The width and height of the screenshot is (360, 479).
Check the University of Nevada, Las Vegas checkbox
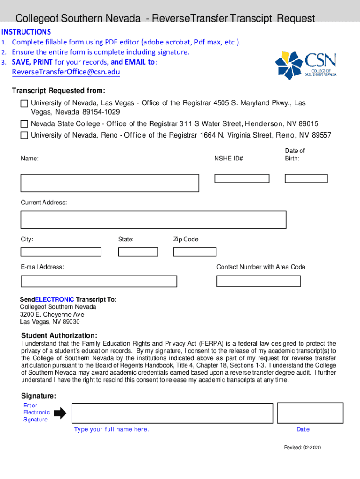[24, 103]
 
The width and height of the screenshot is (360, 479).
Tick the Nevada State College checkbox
[24, 124]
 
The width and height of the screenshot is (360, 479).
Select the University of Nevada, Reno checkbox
[24, 136]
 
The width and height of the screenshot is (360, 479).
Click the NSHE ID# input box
[242, 179]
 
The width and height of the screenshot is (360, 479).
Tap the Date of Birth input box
[306, 179]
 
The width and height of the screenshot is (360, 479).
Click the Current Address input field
[153, 220]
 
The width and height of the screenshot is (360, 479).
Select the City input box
[61, 252]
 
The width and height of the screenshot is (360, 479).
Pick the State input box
[138, 252]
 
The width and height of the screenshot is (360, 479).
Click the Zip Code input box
[194, 252]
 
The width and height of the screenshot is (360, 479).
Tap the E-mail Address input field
[99, 281]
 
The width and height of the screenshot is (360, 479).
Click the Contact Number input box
[259, 281]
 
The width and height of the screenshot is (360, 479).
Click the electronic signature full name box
[172, 414]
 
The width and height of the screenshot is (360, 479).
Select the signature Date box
[302, 414]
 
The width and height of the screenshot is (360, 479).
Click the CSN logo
[305, 65]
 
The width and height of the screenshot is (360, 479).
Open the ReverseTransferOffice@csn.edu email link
[66, 72]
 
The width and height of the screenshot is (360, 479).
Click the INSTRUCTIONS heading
[26, 32]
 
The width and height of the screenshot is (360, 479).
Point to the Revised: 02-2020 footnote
[302, 448]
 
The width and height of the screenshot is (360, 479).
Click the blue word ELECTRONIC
[54, 299]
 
